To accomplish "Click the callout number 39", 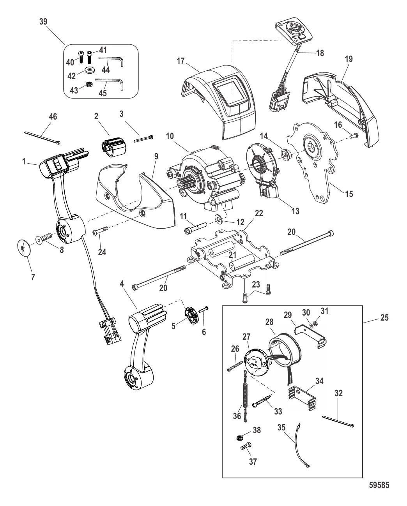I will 43,21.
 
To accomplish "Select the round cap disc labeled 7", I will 24,248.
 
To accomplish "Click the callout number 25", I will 384,318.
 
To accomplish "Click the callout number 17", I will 180,61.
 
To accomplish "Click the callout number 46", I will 53,116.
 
